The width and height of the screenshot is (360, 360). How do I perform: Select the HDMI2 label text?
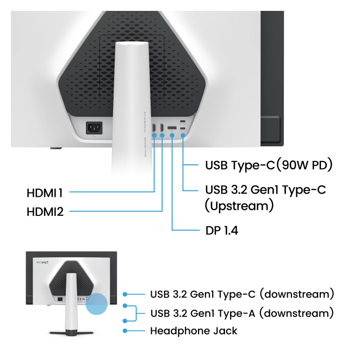45,212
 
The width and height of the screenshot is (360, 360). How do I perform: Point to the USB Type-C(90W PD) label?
269,165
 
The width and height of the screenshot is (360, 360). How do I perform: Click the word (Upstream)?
239,206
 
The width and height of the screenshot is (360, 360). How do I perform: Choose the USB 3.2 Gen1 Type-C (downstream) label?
242,294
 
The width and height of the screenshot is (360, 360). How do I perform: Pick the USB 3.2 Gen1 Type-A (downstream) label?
242,313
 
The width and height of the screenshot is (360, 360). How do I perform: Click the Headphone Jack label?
194,330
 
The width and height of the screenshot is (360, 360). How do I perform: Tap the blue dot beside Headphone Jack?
126,330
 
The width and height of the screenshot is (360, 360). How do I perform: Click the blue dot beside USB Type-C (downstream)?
126,294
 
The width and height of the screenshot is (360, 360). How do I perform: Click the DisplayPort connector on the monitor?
172,127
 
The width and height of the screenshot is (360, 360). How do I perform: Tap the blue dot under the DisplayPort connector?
172,134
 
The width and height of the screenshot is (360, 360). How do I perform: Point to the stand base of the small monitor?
71,331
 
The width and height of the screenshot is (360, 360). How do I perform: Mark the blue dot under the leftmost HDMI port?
154,134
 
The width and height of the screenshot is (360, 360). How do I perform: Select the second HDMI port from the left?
163,128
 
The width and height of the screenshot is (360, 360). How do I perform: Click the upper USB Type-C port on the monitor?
183,121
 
